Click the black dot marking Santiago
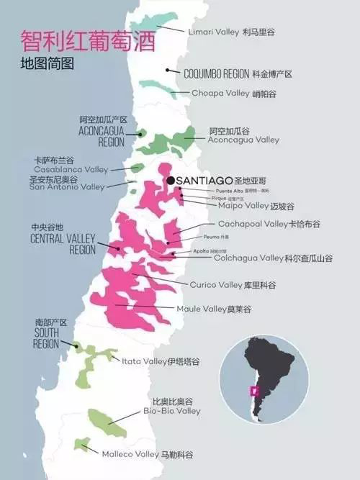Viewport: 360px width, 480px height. pos(171,180)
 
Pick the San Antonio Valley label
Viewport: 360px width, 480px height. pos(67,187)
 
